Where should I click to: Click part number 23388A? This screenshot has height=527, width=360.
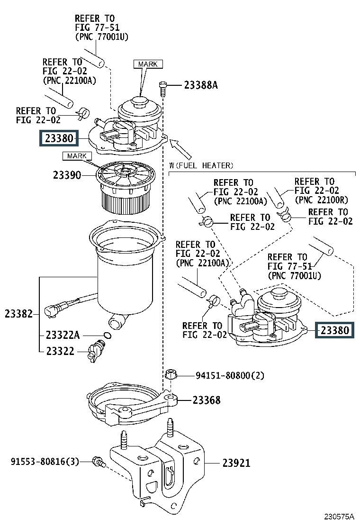click(x=201, y=85)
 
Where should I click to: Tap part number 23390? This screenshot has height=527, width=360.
click(x=67, y=175)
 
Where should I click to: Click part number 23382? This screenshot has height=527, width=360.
click(x=19, y=314)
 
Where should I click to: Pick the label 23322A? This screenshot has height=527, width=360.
click(x=63, y=335)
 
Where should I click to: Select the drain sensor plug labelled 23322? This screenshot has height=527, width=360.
click(x=96, y=351)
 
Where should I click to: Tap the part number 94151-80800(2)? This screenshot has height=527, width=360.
click(x=230, y=375)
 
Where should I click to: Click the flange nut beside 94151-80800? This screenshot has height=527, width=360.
click(x=171, y=374)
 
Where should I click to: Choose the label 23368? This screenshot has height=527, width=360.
click(x=207, y=400)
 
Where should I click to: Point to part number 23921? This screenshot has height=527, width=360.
click(x=236, y=463)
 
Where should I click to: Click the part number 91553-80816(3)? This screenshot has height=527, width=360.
click(x=45, y=461)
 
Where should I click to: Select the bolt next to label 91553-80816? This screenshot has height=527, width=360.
click(x=99, y=462)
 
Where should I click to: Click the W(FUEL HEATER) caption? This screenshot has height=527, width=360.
click(x=201, y=165)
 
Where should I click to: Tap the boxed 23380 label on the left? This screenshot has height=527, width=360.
click(x=59, y=138)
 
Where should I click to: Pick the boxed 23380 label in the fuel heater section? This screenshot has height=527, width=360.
click(x=334, y=330)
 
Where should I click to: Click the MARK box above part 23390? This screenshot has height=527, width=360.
click(x=77, y=156)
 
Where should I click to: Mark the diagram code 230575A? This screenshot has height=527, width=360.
click(x=339, y=517)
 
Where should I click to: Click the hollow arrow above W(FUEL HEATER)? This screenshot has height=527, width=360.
click(x=180, y=149)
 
